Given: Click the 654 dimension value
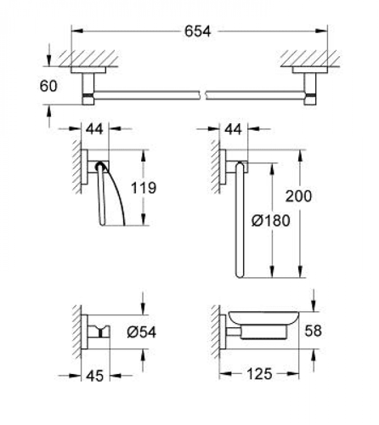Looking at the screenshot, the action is pyautogui.click(x=197, y=31).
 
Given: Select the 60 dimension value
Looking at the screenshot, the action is pyautogui.click(x=48, y=86).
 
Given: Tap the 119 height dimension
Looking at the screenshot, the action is pyautogui.click(x=144, y=188).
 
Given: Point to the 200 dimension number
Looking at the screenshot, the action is pyautogui.click(x=298, y=196).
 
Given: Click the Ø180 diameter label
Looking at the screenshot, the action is pyautogui.click(x=271, y=221).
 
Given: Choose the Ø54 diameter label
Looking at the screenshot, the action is pyautogui.click(x=142, y=332).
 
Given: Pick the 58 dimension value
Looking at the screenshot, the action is pyautogui.click(x=313, y=331).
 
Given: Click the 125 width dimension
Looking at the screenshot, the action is pyautogui.click(x=259, y=374).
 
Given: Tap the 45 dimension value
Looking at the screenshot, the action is pyautogui.click(x=95, y=377).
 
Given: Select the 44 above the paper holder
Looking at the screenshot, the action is pyautogui.click(x=94, y=129).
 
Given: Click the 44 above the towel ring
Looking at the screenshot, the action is pyautogui.click(x=233, y=129).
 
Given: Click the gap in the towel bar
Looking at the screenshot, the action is pyautogui.click(x=203, y=95).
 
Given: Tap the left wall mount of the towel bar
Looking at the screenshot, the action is pyautogui.click(x=88, y=86).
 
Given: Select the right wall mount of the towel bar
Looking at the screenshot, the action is pyautogui.click(x=310, y=86).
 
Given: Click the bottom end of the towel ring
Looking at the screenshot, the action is pyautogui.click(x=240, y=275).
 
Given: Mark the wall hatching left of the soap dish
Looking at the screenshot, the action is pyautogui.click(x=217, y=331).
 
